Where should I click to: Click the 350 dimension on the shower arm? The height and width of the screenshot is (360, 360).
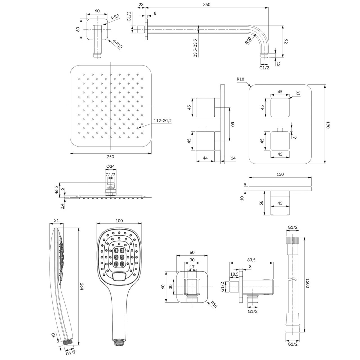click(x=206, y=4)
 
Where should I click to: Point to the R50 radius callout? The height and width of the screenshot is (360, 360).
click(x=248, y=40)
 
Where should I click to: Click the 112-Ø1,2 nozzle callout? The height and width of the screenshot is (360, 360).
click(x=163, y=120)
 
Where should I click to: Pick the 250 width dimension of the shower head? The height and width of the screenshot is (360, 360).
click(x=111, y=157)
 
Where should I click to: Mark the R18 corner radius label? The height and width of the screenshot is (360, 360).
click(x=240, y=79)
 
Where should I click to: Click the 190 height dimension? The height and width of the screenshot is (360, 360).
click(x=328, y=125)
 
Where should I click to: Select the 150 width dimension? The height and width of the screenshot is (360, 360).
click(x=280, y=174)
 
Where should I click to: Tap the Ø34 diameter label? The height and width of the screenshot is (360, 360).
click(x=111, y=166)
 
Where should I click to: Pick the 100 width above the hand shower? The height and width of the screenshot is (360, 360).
click(x=119, y=221)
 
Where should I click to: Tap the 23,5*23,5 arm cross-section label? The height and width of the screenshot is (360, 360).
click(x=195, y=48)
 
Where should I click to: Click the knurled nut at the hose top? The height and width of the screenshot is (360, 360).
click(x=293, y=240)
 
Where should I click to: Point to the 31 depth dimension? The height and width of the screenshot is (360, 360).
click(x=56, y=220)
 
